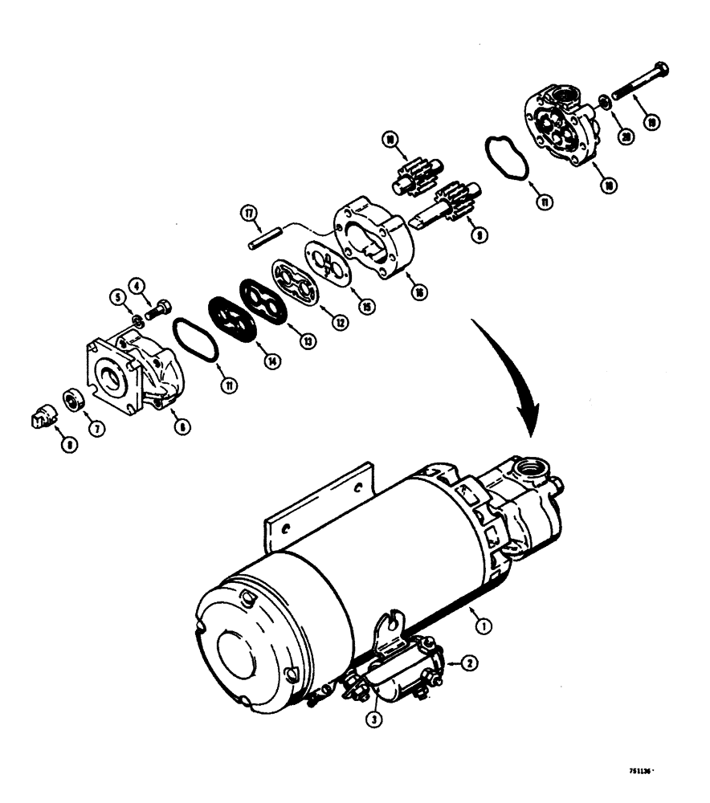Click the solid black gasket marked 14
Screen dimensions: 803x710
click(231, 320)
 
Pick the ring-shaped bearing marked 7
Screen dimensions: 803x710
click(73, 398)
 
